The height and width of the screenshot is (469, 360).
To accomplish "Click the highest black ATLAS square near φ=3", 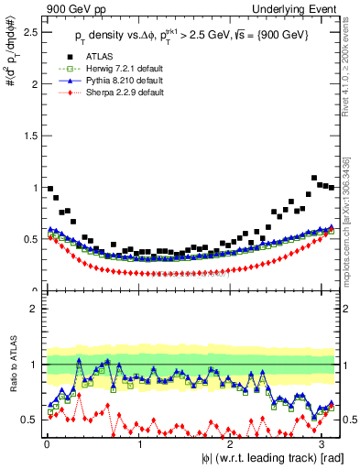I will pos(314,178).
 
